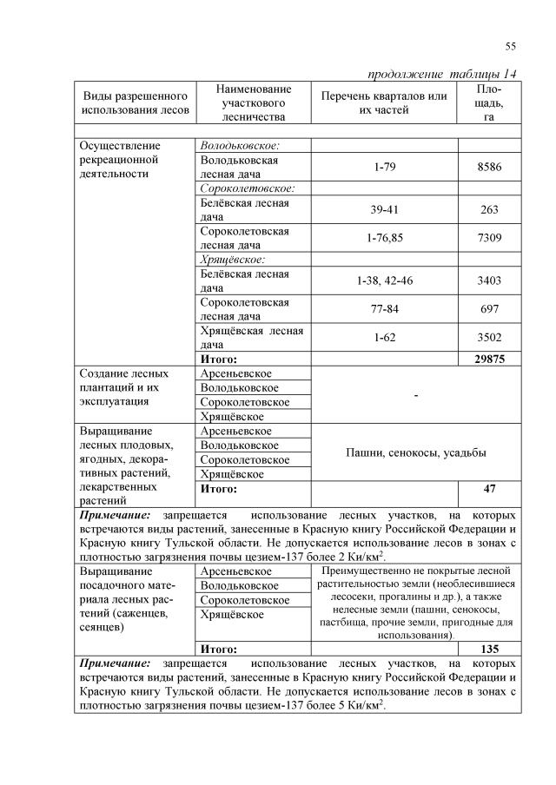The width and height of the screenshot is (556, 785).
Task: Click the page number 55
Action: [x=510, y=46]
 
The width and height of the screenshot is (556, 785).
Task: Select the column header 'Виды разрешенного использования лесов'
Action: [x=135, y=102]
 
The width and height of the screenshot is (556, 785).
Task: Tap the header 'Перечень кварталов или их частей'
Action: [x=384, y=102]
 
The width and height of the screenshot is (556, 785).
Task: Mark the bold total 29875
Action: [x=489, y=359]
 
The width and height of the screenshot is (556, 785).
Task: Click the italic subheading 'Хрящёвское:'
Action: [x=232, y=259]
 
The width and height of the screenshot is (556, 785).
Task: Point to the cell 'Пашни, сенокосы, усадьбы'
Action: [x=415, y=452]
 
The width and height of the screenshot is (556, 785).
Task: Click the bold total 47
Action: [x=489, y=489]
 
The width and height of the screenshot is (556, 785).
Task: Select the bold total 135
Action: [x=489, y=649]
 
